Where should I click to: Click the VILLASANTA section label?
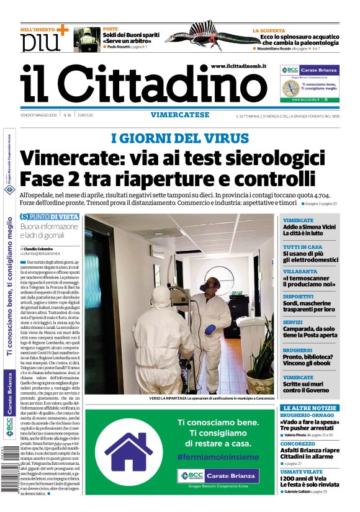click(298, 271)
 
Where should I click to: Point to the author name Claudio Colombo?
click(42, 248)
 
